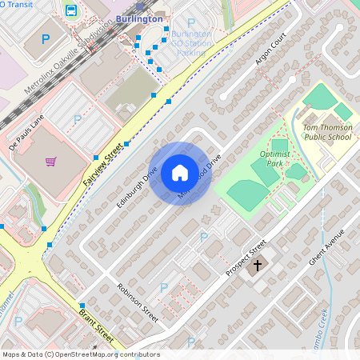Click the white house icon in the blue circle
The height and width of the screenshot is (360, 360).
click(x=180, y=173)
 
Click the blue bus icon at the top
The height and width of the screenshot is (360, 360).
click(x=71, y=10)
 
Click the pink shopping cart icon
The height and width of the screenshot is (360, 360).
click(x=50, y=162)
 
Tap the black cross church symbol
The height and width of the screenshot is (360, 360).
click(x=257, y=264)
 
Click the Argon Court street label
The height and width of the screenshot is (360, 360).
click(x=270, y=51)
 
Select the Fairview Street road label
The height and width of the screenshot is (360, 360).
click(x=105, y=165)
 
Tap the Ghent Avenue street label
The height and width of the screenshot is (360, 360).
click(x=327, y=249)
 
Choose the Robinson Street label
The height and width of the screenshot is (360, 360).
click(x=138, y=302)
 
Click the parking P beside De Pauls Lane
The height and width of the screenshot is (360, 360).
click(x=77, y=119)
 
